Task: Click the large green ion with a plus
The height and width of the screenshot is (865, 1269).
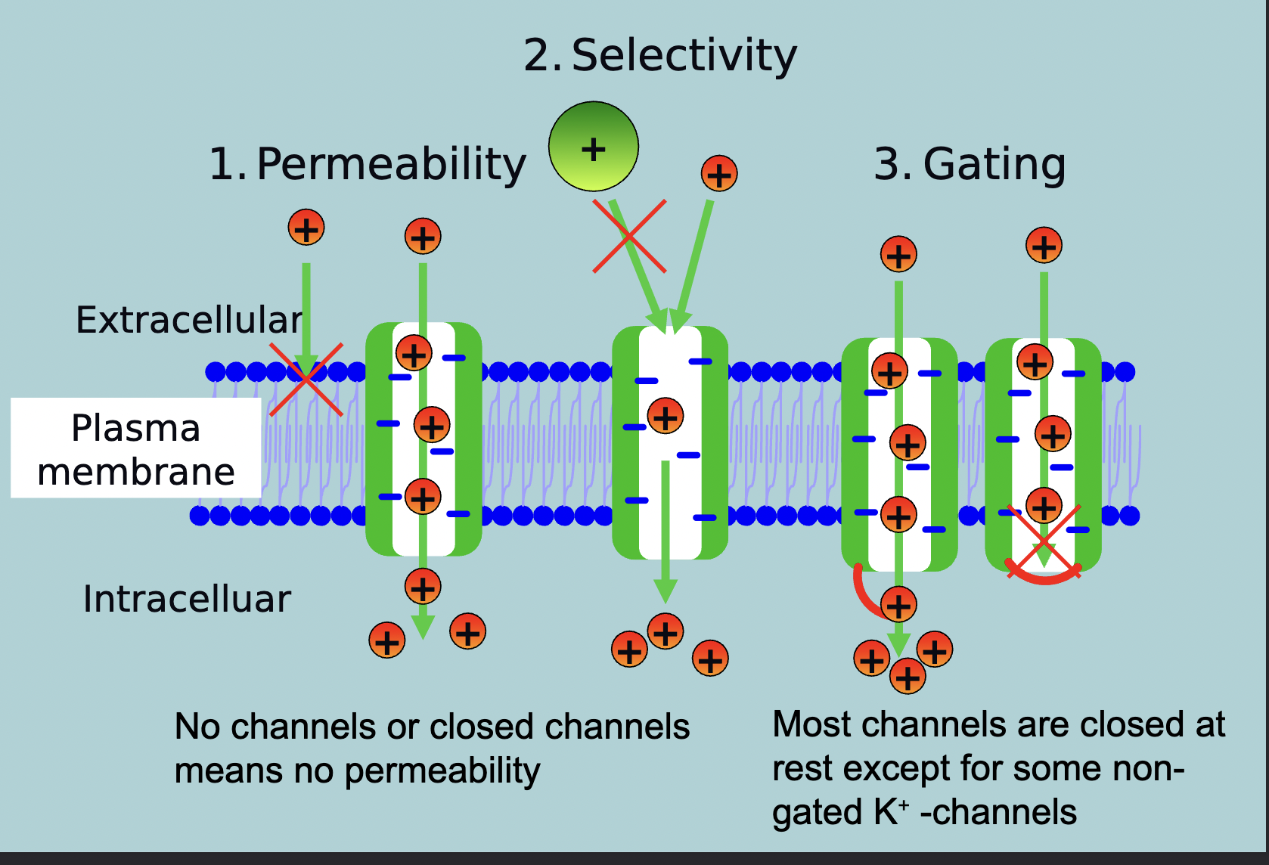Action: [594, 147]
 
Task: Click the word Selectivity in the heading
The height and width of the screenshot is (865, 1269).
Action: [684, 56]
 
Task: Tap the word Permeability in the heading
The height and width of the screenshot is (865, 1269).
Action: [391, 164]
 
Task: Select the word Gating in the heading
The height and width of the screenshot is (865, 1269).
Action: [994, 164]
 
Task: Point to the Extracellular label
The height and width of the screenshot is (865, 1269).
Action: [189, 320]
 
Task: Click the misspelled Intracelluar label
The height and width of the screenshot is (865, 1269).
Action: [187, 599]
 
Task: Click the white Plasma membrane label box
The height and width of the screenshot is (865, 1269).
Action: [136, 448]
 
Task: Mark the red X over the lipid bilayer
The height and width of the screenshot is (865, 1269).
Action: [306, 379]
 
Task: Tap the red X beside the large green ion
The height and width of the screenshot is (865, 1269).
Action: [629, 236]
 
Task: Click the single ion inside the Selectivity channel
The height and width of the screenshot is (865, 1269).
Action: [666, 417]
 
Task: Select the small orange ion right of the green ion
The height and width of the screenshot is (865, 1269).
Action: [719, 174]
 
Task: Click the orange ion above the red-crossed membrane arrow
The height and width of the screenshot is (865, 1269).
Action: [306, 228]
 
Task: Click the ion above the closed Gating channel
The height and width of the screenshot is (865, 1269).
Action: [1044, 246]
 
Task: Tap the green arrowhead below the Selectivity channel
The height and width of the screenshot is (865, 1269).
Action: [665, 590]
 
